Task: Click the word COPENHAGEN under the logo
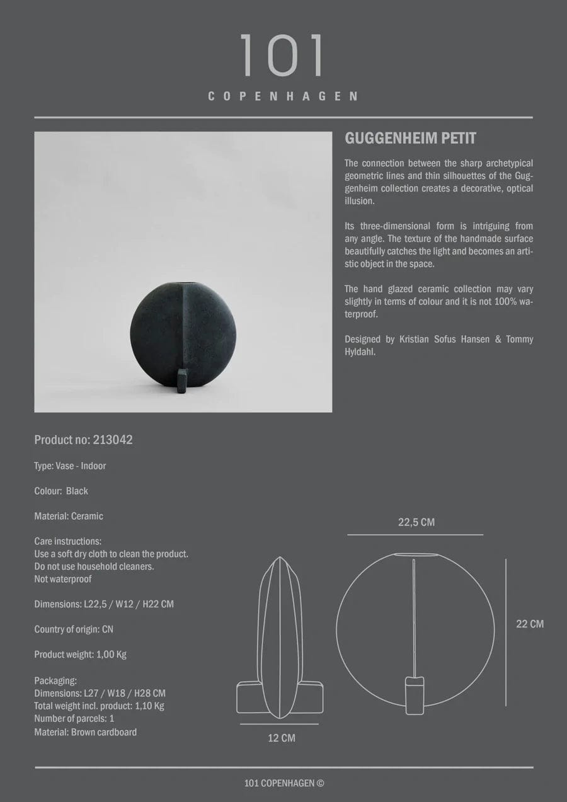pos(283,96)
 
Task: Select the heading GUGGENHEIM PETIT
pos(409,138)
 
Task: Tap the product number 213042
pos(112,440)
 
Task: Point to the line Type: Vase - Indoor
pos(70,466)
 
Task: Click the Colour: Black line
pos(61,491)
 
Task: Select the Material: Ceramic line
pos(69,516)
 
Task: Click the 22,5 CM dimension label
pos(416,522)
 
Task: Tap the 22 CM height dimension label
pos(530,624)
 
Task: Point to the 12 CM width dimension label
pos(282,738)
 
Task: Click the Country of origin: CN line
pos(74,629)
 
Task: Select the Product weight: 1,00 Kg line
pos(80,654)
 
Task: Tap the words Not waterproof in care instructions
pos(63,579)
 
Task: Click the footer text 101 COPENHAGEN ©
pos(284,784)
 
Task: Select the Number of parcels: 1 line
pos(74,718)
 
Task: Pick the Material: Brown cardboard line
pos(85,732)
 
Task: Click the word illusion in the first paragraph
pos(359,201)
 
